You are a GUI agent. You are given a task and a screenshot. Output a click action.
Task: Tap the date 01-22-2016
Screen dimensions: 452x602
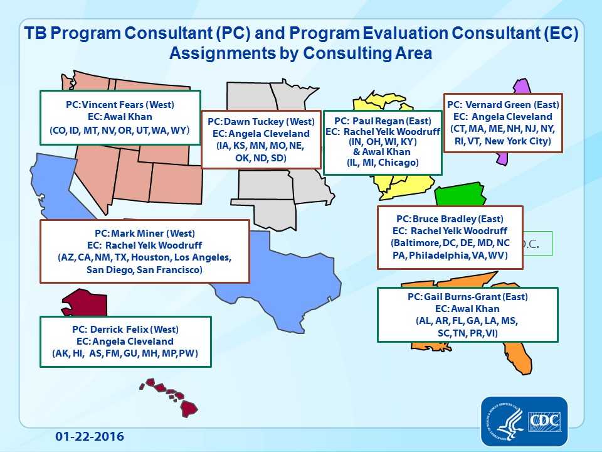[90, 436]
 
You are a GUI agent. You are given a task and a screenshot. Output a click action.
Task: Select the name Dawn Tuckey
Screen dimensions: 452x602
[254, 121]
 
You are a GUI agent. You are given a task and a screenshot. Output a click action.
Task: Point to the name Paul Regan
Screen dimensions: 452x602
[378, 121]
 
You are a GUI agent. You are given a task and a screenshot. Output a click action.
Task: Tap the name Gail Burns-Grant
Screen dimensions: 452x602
[467, 296]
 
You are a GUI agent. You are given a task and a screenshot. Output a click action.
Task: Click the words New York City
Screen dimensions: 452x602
[520, 141]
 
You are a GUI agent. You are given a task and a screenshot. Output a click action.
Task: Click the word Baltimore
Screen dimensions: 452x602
[415, 242]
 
